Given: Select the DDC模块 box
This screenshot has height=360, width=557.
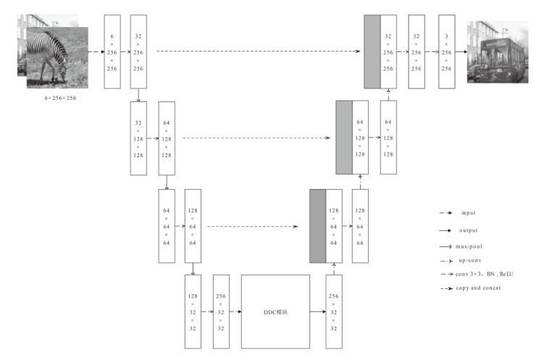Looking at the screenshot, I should [x=275, y=312].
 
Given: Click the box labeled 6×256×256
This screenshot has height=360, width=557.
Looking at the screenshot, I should [x=112, y=51].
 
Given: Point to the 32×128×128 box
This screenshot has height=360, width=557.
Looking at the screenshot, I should [x=138, y=138].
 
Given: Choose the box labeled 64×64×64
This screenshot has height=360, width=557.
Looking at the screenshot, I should [x=166, y=225].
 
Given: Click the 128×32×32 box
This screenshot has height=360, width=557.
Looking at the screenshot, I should [x=193, y=312].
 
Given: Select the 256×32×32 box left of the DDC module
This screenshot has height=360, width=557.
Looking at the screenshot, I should [x=221, y=312].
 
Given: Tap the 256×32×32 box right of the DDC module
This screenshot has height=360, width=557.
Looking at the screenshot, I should [x=334, y=312].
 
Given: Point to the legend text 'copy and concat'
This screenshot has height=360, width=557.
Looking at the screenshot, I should [x=477, y=289].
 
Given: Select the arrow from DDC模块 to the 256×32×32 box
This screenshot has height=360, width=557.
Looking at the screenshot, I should [x=317, y=312].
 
